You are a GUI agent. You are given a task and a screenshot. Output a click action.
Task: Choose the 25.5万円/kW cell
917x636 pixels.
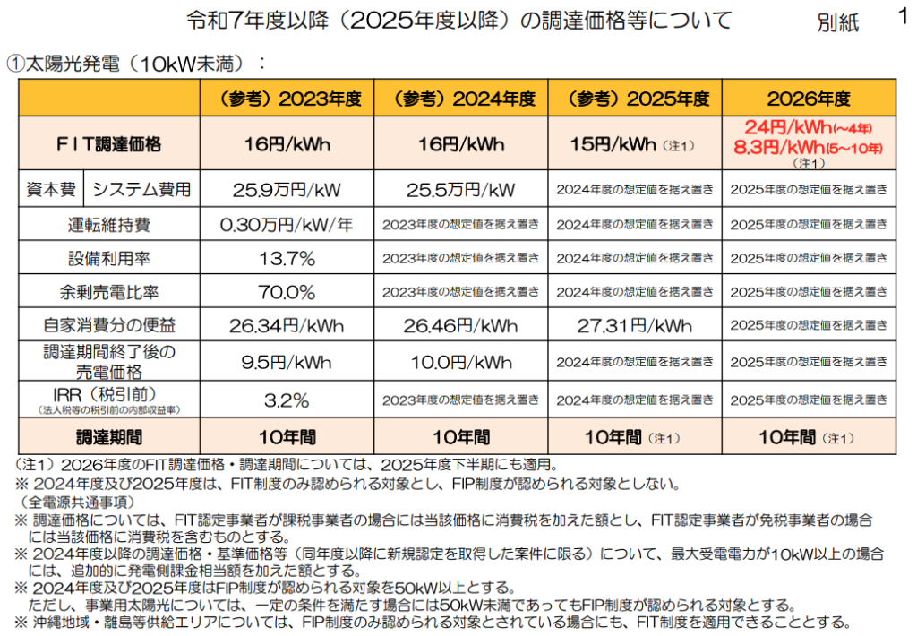point(461,190)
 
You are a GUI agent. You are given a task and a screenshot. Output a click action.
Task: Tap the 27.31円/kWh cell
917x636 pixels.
point(635,326)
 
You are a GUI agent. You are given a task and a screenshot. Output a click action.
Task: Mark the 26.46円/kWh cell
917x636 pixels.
point(461,326)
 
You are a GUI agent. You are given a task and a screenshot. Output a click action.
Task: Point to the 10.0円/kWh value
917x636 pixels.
point(461,362)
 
